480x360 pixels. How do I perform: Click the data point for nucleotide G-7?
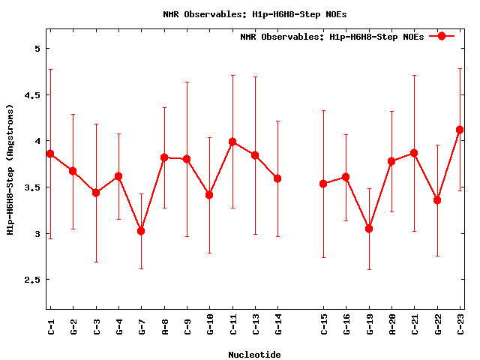pyautogui.click(x=141, y=231)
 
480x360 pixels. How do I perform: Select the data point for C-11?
pyautogui.click(x=232, y=142)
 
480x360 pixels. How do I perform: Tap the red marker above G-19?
pyautogui.click(x=369, y=228)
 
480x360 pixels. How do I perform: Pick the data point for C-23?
pyautogui.click(x=460, y=130)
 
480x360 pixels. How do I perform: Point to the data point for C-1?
pyautogui.click(x=50, y=154)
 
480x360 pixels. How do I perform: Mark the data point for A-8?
pyautogui.click(x=164, y=157)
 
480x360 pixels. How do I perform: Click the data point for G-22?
pyautogui.click(x=437, y=200)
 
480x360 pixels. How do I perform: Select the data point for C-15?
pyautogui.click(x=323, y=184)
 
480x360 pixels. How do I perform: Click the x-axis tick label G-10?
pyautogui.click(x=210, y=326)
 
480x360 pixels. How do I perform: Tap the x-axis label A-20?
pyautogui.click(x=391, y=326)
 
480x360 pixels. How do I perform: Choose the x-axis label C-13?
pyautogui.click(x=255, y=326)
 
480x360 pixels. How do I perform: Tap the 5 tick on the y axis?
pyautogui.click(x=37, y=49)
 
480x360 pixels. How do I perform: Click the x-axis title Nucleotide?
pyautogui.click(x=254, y=355)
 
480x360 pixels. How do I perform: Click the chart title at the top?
pyautogui.click(x=254, y=13)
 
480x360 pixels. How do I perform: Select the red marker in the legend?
pyautogui.click(x=442, y=37)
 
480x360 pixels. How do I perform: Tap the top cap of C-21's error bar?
pyautogui.click(x=414, y=75)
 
